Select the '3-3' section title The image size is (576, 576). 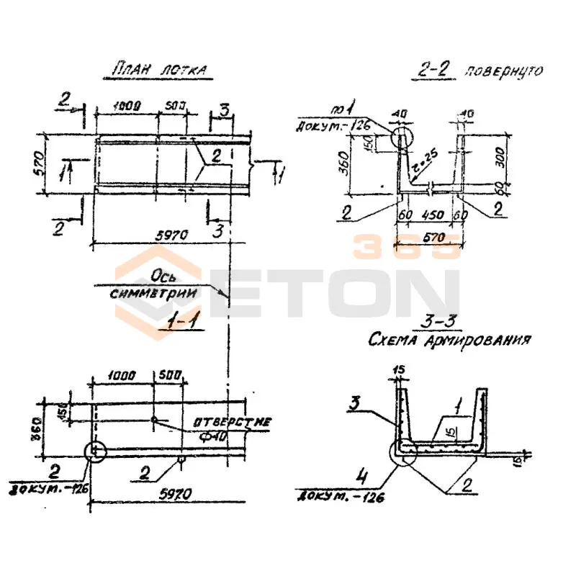point(448,322)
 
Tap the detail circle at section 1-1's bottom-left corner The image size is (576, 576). point(95,451)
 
